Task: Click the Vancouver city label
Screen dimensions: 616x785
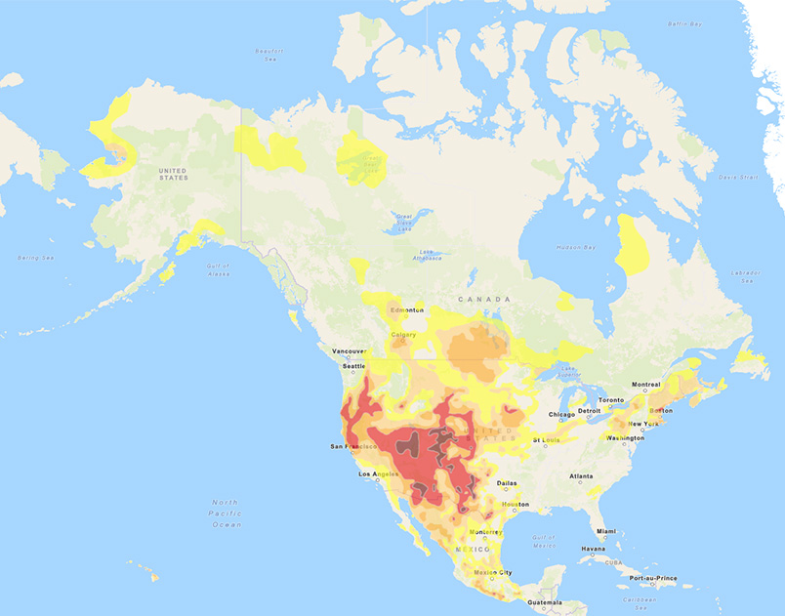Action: [349, 351]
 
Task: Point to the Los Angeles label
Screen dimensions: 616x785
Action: [380, 474]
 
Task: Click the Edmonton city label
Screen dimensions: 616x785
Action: [407, 309]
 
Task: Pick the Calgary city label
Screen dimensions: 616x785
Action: [403, 335]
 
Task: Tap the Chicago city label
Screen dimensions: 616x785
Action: [561, 414]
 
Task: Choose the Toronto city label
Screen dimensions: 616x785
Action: [610, 400]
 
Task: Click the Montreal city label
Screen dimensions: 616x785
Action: [646, 385]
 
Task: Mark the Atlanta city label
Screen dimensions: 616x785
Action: [582, 475]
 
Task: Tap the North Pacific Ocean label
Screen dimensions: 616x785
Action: [226, 513]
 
